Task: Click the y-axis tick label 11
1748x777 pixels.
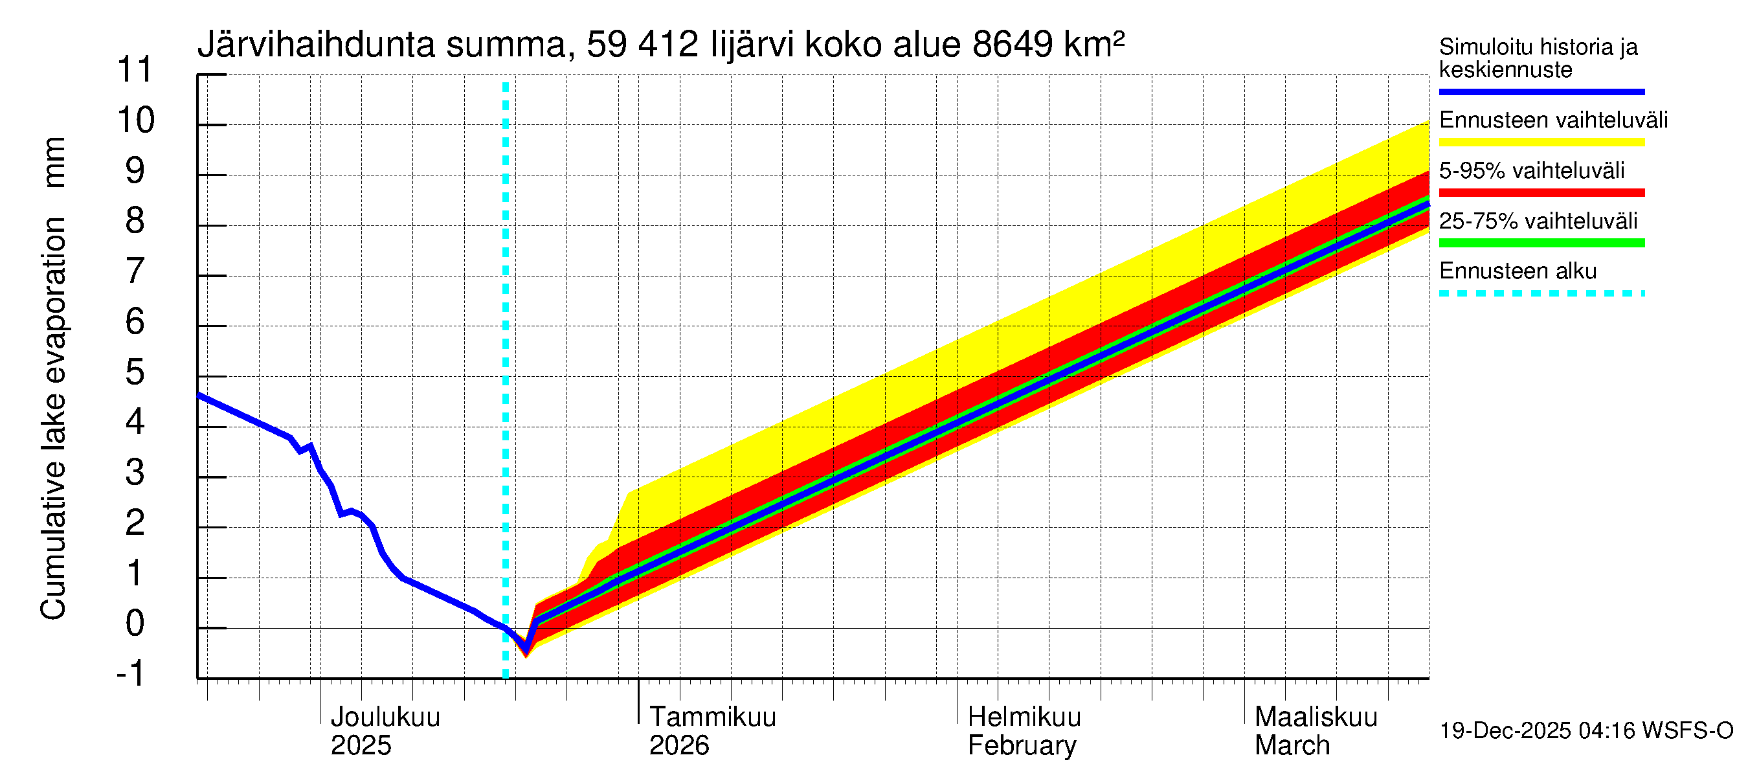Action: click(136, 70)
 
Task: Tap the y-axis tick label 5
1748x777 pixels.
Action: click(135, 372)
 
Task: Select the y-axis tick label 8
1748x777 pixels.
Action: click(135, 221)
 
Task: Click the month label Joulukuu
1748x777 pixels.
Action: click(385, 717)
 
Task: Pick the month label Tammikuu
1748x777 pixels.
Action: click(713, 717)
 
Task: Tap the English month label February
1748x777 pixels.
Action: click(1022, 746)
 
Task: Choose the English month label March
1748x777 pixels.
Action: click(1292, 746)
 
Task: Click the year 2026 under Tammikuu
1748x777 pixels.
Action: click(678, 746)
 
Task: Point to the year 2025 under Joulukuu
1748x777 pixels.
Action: click(361, 746)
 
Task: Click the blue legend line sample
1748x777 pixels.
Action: click(1541, 91)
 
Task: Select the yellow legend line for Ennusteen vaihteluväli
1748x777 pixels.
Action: click(1541, 142)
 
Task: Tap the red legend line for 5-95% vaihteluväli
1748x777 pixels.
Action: click(1541, 193)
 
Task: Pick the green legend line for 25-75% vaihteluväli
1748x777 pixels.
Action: click(1541, 243)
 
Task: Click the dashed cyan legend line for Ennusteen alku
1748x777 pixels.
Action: click(1541, 294)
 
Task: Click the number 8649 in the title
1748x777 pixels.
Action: click(1013, 45)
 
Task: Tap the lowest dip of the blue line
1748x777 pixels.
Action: click(525, 650)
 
